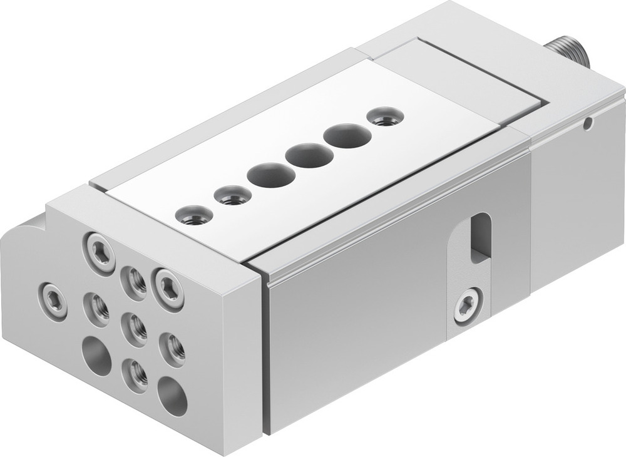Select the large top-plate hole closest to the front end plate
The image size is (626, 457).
[x=270, y=175]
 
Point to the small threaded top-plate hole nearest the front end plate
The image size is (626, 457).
[x=195, y=216]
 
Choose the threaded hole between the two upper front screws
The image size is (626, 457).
[x=133, y=280]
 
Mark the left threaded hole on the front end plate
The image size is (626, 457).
[x=96, y=306]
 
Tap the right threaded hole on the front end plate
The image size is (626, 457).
[x=172, y=347]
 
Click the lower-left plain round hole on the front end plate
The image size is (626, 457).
[x=96, y=356]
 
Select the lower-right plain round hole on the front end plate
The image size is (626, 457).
[x=172, y=395]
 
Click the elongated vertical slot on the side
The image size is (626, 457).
[x=481, y=237]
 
